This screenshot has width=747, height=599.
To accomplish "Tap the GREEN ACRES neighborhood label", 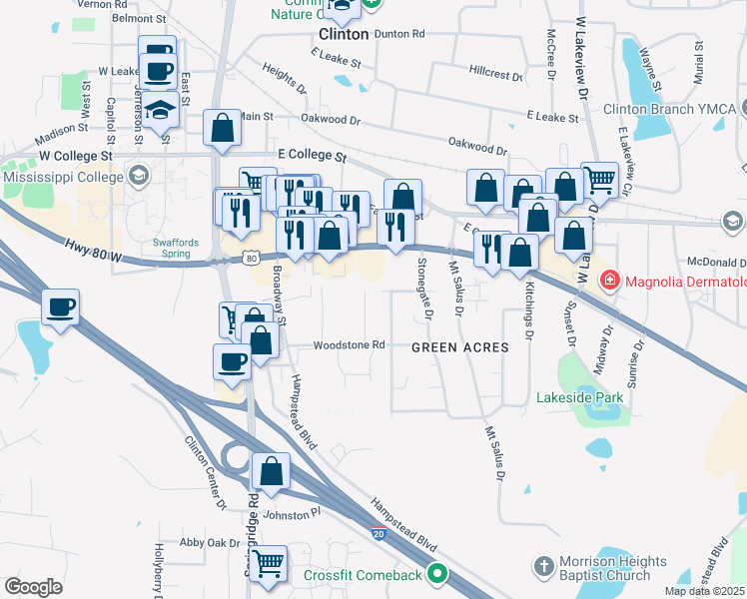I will pyautogui.click(x=460, y=347).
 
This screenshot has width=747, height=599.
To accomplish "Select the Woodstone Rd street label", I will pyautogui.click(x=349, y=345).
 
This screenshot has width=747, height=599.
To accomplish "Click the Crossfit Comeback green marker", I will pyautogui.click(x=436, y=574).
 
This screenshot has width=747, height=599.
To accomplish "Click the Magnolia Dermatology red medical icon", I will pyautogui.click(x=609, y=282).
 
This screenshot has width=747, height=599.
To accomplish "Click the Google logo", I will pyautogui.click(x=34, y=587).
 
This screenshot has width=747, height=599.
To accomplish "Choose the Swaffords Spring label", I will pyautogui.click(x=178, y=248).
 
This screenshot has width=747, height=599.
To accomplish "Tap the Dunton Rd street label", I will pyautogui.click(x=398, y=33).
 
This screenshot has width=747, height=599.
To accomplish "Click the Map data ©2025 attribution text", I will pyautogui.click(x=704, y=591).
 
